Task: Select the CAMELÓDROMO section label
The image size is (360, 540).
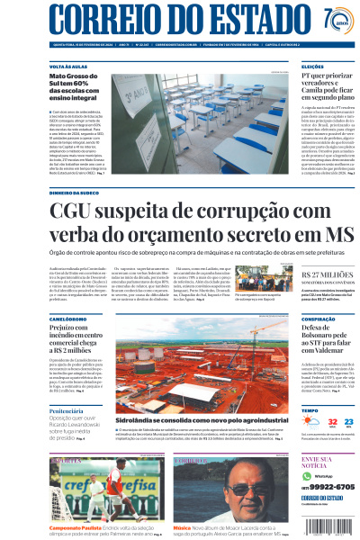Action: click(x=74, y=319)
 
